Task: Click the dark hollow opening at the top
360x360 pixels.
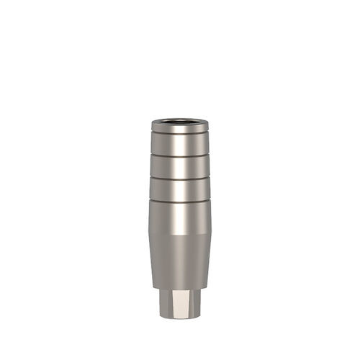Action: coord(179,120)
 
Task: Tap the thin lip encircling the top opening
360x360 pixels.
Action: coord(179,123)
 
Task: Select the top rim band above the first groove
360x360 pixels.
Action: coord(179,128)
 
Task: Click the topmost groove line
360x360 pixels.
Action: coord(179,135)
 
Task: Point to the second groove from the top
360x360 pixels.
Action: coord(179,155)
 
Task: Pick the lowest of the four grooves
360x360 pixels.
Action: coord(179,199)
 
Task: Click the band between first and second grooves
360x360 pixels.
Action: coord(179,145)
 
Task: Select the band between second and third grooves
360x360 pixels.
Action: coord(179,166)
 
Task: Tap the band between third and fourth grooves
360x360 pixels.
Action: coord(179,187)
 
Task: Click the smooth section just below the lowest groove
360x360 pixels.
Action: coord(179,216)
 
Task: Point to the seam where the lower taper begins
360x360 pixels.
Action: coord(179,235)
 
